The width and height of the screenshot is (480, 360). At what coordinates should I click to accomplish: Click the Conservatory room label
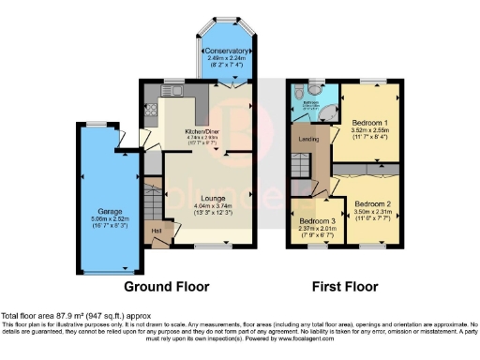point(228,50)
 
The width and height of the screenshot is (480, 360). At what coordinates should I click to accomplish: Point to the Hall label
point(157,231)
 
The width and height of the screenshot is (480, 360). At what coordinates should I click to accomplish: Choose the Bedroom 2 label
point(372,203)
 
